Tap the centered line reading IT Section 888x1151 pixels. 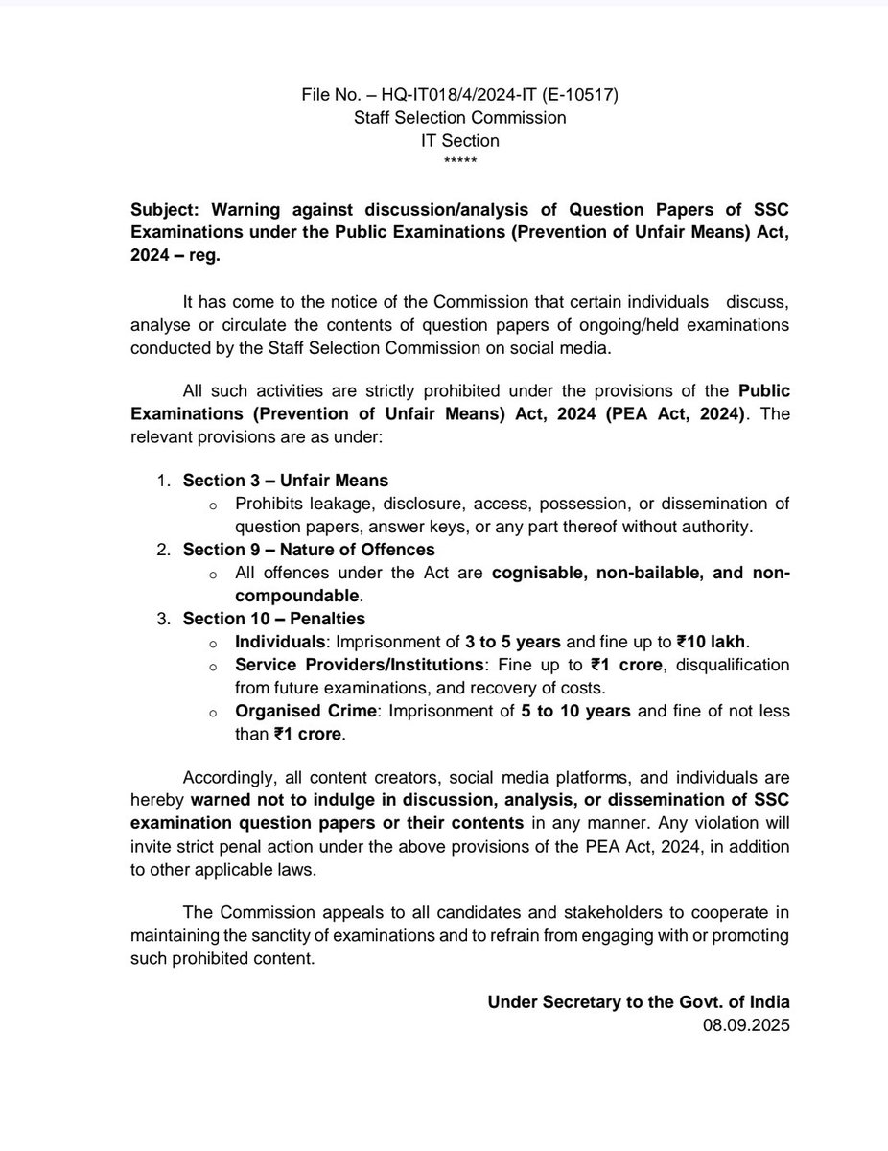tap(443, 140)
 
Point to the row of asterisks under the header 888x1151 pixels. tap(443, 159)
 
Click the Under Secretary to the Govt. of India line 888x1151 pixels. tap(639, 1001)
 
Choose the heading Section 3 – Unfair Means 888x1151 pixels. tap(286, 480)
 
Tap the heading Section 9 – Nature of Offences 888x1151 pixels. tap(309, 550)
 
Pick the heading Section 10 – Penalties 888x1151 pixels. tap(274, 619)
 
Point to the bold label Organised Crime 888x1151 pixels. tap(295, 712)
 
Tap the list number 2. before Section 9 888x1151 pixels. tap(164, 550)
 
